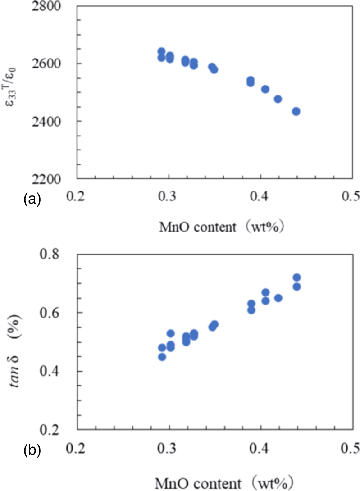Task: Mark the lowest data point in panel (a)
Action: (296, 111)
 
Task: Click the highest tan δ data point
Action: (296, 277)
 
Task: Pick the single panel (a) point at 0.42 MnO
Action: (278, 99)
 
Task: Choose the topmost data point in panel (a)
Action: (162, 51)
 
